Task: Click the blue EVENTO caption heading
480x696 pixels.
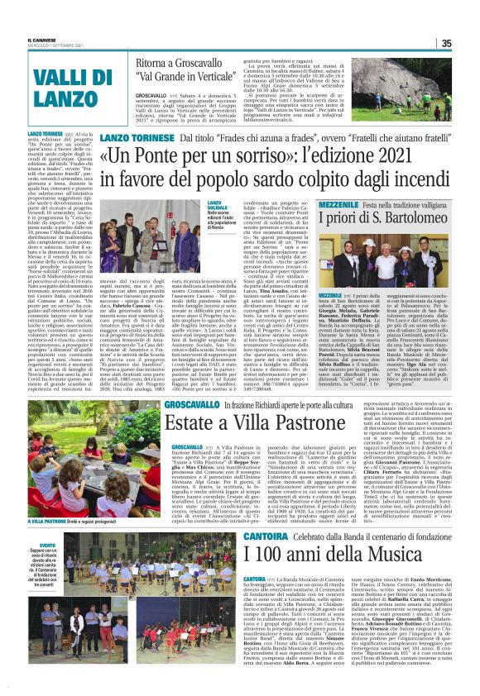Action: coord(36,546)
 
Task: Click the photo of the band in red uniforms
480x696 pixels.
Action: coord(103,603)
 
